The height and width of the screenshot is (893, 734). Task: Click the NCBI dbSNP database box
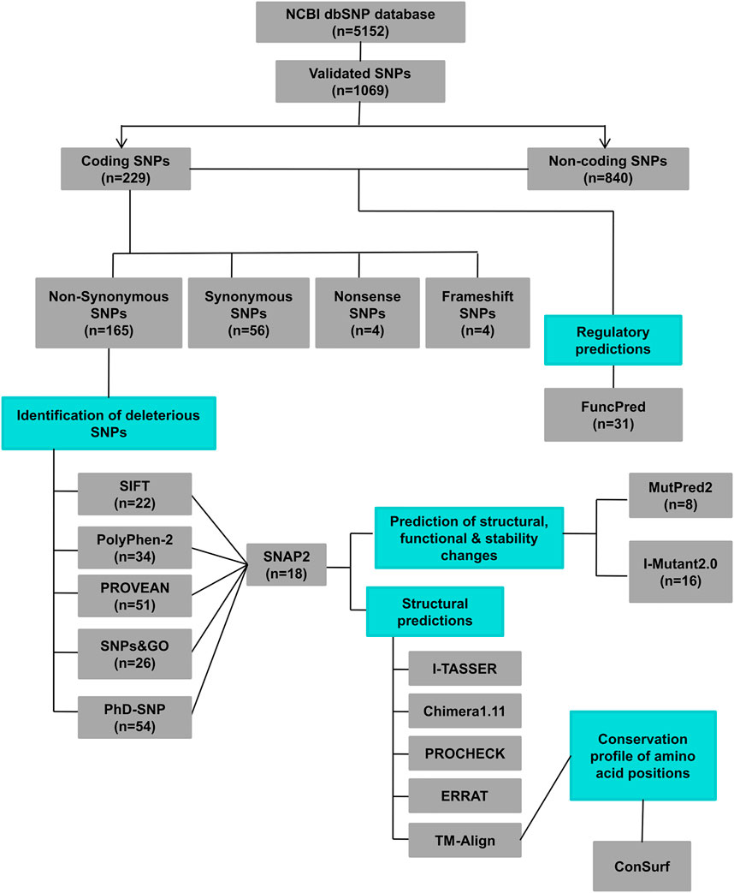coord(360,21)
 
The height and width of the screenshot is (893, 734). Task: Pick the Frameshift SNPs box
coord(477,313)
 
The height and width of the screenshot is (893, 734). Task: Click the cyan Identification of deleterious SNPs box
coord(109,423)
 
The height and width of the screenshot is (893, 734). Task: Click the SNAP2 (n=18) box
coord(285,564)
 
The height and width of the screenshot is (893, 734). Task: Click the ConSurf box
coord(641,866)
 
